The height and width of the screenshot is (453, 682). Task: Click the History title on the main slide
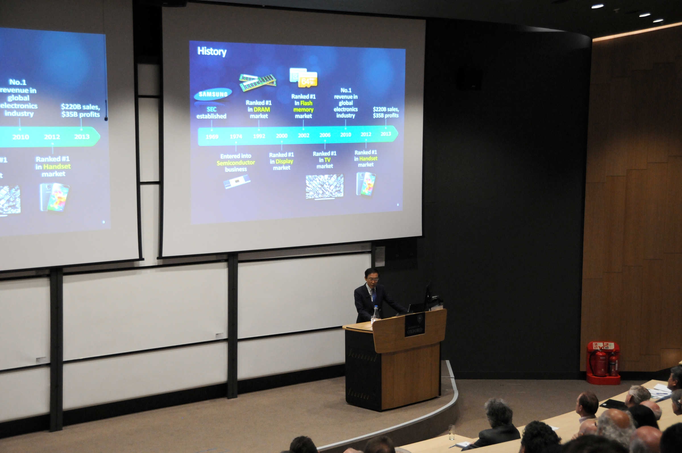point(212,52)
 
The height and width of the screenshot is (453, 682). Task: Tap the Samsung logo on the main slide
point(213,94)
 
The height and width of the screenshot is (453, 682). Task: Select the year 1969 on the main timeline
point(212,137)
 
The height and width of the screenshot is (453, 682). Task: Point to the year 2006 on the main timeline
point(325,135)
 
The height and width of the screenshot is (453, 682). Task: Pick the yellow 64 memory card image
point(308,80)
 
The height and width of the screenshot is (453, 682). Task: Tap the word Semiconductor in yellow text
point(236,163)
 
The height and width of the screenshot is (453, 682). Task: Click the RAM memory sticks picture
point(258,82)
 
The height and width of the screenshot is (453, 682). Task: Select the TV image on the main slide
point(325,186)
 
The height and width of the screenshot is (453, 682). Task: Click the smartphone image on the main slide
point(366,184)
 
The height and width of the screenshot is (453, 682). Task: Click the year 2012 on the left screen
point(52,137)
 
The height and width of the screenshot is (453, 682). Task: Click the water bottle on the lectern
point(375,313)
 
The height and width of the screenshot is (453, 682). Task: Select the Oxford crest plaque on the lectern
point(415,325)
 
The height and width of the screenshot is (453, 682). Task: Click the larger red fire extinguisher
point(600,363)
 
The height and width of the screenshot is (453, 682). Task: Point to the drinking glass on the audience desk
point(452,432)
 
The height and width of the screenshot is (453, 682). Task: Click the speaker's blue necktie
point(373,296)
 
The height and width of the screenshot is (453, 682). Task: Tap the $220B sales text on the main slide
point(386,109)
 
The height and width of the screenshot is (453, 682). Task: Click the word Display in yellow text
point(284,161)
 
